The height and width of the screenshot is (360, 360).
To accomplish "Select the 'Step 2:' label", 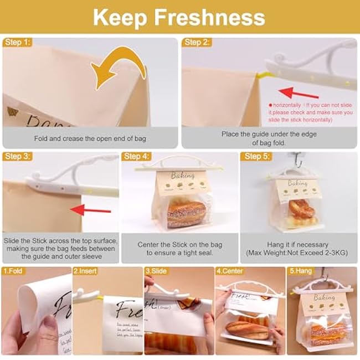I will pyautogui.click(x=197, y=42).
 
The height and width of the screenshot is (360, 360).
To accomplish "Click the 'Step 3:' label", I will pyautogui.click(x=17, y=157).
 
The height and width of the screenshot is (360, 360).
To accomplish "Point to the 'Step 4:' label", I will pyautogui.click(x=136, y=157).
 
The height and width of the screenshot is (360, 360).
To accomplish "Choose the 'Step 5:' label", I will pyautogui.click(x=256, y=157).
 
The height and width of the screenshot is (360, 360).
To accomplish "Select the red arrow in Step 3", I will pyautogui.click(x=91, y=209).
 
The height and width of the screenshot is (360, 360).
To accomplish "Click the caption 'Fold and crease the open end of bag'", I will pyautogui.click(x=90, y=138).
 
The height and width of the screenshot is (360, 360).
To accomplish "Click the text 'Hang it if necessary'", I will pyautogui.click(x=297, y=244).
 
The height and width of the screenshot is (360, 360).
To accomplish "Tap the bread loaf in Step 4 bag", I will pyautogui.click(x=187, y=213).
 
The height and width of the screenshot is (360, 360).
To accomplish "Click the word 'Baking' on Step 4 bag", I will pyautogui.click(x=183, y=175).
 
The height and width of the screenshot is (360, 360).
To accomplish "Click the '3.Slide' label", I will pyautogui.click(x=157, y=271).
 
